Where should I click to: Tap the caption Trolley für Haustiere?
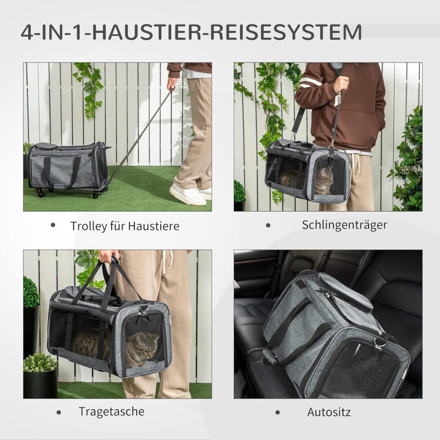pyautogui.click(x=125, y=226)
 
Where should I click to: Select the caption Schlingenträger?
pyautogui.click(x=344, y=224)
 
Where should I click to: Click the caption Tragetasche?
pyautogui.click(x=111, y=411)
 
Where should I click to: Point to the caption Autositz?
pyautogui.click(x=329, y=412)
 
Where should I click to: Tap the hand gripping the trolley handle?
pyautogui.click(x=172, y=84)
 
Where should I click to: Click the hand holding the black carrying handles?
pyautogui.click(x=108, y=256)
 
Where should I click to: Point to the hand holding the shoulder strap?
pyautogui.click(x=341, y=84)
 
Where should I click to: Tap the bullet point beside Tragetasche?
pyautogui.click(x=59, y=412)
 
